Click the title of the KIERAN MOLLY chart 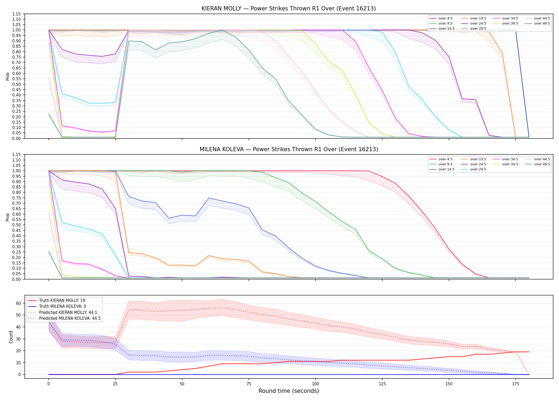pyautogui.click(x=289, y=9)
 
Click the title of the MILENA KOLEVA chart pyautogui.click(x=289, y=149)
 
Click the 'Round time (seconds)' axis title pyautogui.click(x=289, y=391)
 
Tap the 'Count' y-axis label pyautogui.click(x=11, y=337)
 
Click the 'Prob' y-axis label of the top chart pyautogui.click(x=8, y=76)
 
